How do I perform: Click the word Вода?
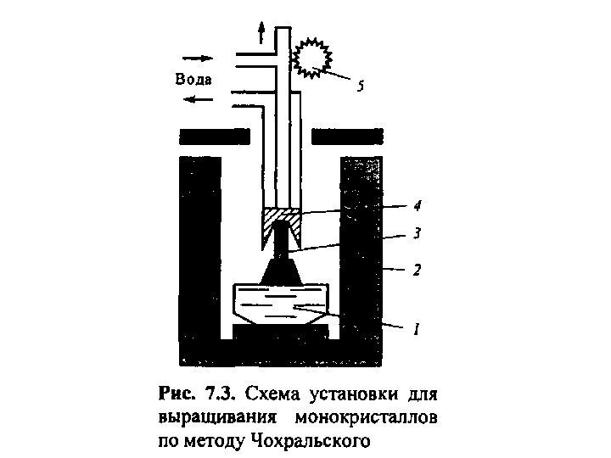click(x=193, y=79)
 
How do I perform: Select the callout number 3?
click(x=418, y=232)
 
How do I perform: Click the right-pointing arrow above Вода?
click(x=196, y=59)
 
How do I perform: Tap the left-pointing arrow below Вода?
click(x=199, y=99)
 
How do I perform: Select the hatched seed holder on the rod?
click(x=280, y=222)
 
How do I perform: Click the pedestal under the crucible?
click(x=280, y=330)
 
